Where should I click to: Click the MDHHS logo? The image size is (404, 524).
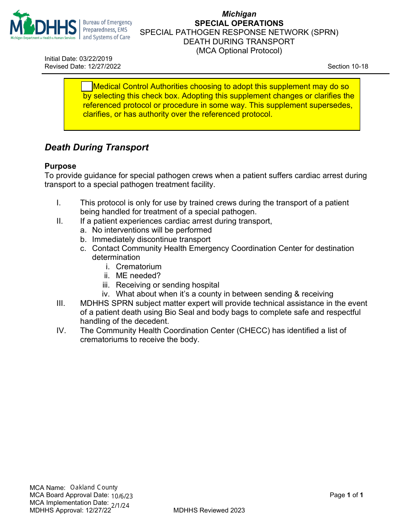pyautogui.click(x=43, y=26)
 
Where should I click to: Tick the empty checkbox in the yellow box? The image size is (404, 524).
pyautogui.click(x=87, y=86)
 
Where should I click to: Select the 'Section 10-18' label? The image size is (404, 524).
pyautogui.click(x=347, y=66)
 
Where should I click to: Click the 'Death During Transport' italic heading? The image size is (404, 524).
pyautogui.click(x=97, y=147)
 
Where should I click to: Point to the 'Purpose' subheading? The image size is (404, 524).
pyautogui.click(x=60, y=166)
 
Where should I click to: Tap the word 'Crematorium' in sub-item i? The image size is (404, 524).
pyautogui.click(x=139, y=267)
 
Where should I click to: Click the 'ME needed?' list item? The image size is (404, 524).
pyautogui.click(x=138, y=276)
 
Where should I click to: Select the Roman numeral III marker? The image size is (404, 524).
pyautogui.click(x=61, y=303)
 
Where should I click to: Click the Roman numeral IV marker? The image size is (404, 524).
pyautogui.click(x=61, y=331)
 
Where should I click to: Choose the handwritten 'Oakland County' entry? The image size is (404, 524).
pyautogui.click(x=94, y=487)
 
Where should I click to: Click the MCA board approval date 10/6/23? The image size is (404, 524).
pyautogui.click(x=122, y=496)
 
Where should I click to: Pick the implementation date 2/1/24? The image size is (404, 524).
pyautogui.click(x=120, y=506)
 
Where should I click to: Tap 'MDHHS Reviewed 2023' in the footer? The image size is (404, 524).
pyautogui.click(x=209, y=510)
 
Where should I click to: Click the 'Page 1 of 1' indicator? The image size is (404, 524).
pyautogui.click(x=346, y=495)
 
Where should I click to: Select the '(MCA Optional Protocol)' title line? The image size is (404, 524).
pyautogui.click(x=239, y=51)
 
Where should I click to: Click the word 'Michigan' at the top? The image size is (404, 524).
pyautogui.click(x=239, y=14)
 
